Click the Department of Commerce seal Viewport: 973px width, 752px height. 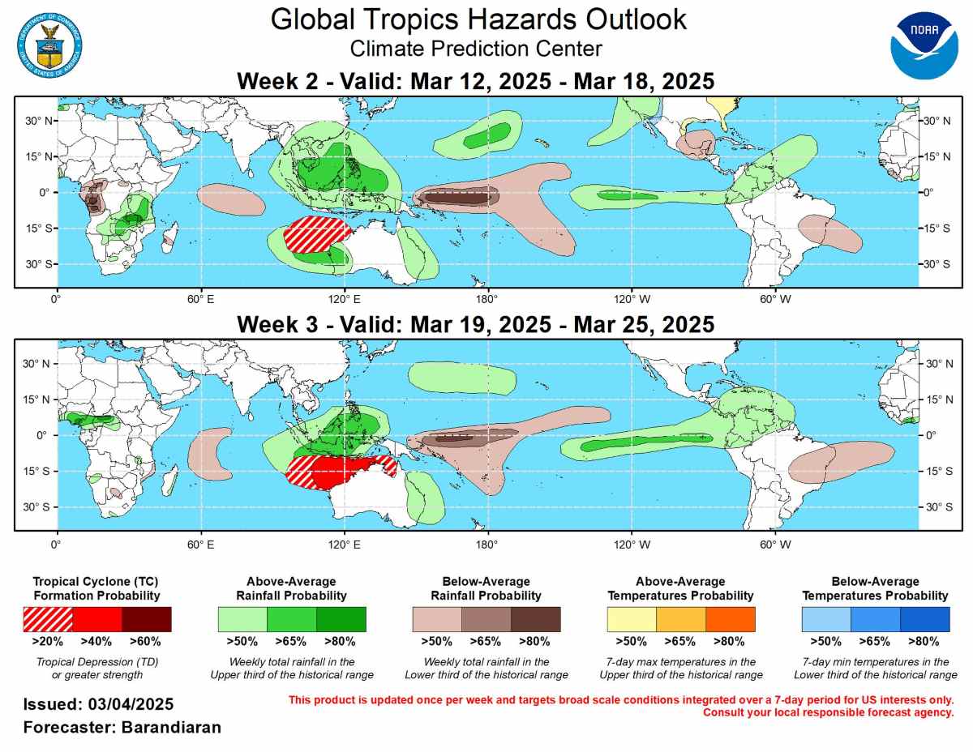(x=49, y=40)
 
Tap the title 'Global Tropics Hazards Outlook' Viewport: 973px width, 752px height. (x=478, y=19)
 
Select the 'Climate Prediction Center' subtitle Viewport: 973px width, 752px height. (x=476, y=49)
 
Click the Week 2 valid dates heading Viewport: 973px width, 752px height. (x=475, y=82)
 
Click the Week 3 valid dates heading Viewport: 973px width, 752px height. (x=475, y=325)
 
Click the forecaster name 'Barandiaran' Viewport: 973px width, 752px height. (x=171, y=727)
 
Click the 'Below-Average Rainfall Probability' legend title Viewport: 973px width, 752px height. (x=486, y=588)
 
